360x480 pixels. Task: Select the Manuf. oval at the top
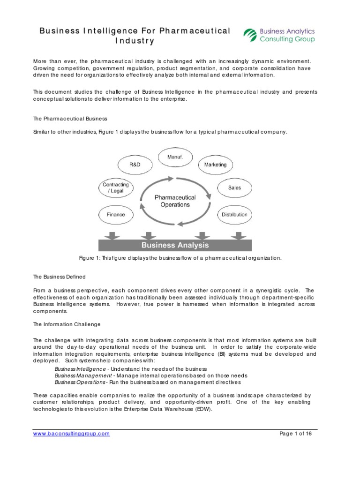click(175, 157)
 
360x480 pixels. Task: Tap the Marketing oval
click(215, 165)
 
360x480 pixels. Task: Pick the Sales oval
click(234, 187)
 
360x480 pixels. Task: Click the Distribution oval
click(234, 215)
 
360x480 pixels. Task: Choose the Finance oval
click(115, 215)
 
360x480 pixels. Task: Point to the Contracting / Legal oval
click(115, 188)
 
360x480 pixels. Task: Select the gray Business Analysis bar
click(174, 245)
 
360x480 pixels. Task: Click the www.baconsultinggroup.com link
click(71, 434)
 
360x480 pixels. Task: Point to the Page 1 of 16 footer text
click(295, 434)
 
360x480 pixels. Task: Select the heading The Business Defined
click(59, 277)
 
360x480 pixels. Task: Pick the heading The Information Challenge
click(67, 324)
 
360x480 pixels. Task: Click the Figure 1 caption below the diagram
click(180, 258)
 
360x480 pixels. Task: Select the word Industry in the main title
click(135, 41)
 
